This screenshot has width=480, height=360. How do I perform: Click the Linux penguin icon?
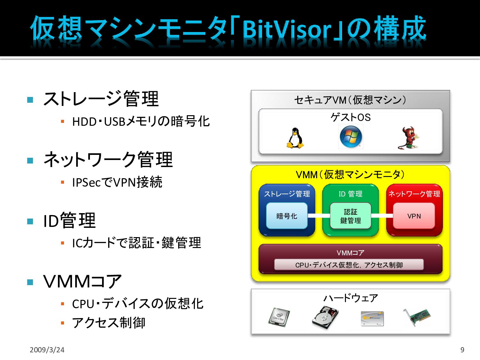point(295,138)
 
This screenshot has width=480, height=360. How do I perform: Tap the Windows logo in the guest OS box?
point(351,137)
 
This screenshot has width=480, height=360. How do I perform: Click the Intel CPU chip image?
point(279,317)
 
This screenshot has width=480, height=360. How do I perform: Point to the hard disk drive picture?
point(325,317)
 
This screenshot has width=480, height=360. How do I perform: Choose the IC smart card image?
point(372,318)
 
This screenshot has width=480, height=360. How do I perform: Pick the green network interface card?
point(417,316)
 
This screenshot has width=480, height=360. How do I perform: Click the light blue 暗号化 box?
point(287,216)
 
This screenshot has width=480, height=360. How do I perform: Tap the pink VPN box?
point(414,216)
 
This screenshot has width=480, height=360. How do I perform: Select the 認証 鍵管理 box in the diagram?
point(350,216)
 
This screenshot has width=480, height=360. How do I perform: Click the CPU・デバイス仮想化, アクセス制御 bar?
point(349,265)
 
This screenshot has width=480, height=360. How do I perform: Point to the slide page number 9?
point(462,350)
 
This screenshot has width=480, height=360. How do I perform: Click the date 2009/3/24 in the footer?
point(47,350)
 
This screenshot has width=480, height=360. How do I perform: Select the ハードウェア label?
point(350,298)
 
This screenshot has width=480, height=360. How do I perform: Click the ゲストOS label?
point(350,117)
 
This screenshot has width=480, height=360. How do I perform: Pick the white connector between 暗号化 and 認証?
point(319,216)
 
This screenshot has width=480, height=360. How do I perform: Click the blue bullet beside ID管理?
point(30,221)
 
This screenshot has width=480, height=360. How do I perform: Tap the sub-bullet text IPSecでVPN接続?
point(117,182)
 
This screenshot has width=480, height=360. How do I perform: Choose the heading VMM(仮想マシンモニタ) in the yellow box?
point(350,175)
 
